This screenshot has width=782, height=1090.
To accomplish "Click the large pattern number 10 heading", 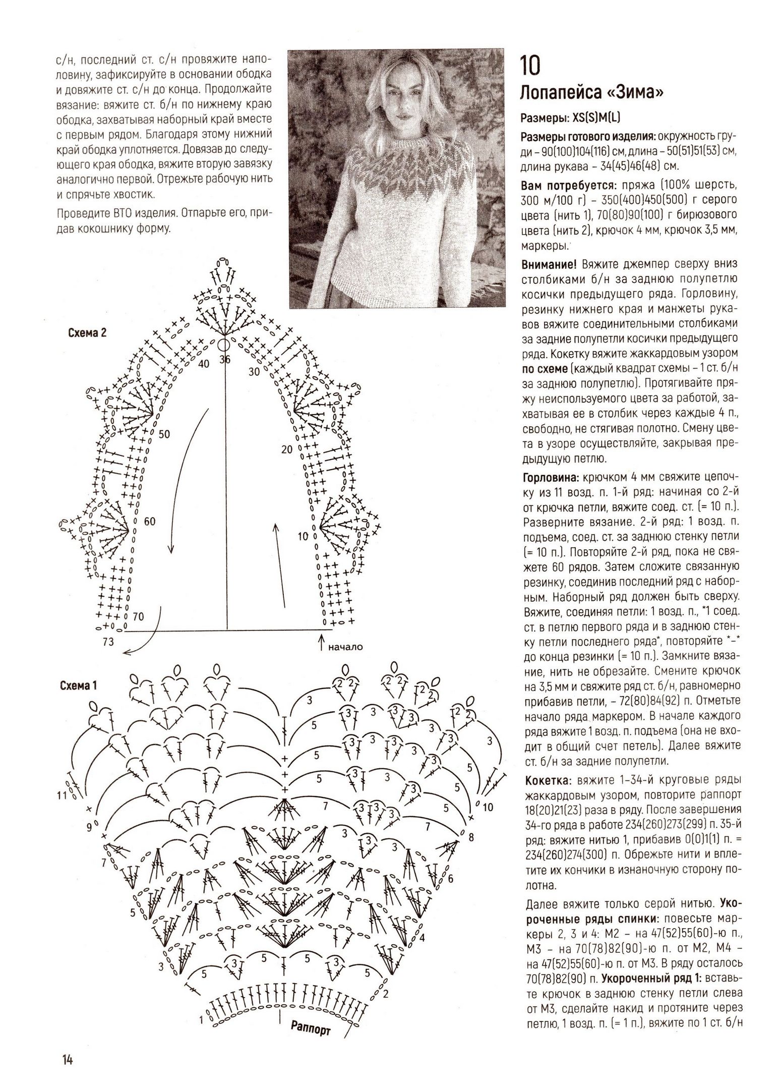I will click(x=530, y=65).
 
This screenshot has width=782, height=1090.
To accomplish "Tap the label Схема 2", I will click(x=86, y=333).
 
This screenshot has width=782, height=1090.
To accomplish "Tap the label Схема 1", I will click(x=78, y=685).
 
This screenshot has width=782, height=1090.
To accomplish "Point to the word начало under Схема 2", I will click(x=345, y=646).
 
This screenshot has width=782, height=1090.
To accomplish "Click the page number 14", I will click(x=68, y=1060).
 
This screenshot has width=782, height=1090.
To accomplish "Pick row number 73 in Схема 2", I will click(x=107, y=642).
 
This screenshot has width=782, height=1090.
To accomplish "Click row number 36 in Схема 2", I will click(x=224, y=360).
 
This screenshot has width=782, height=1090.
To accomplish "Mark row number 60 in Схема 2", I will click(x=150, y=521).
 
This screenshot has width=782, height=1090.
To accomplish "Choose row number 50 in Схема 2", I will click(x=164, y=434).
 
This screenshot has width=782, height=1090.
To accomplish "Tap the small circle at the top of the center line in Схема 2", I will click(x=224, y=345).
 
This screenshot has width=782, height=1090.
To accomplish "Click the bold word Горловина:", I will click(x=552, y=477).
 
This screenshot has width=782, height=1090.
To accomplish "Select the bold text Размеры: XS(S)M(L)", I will click(x=570, y=118).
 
